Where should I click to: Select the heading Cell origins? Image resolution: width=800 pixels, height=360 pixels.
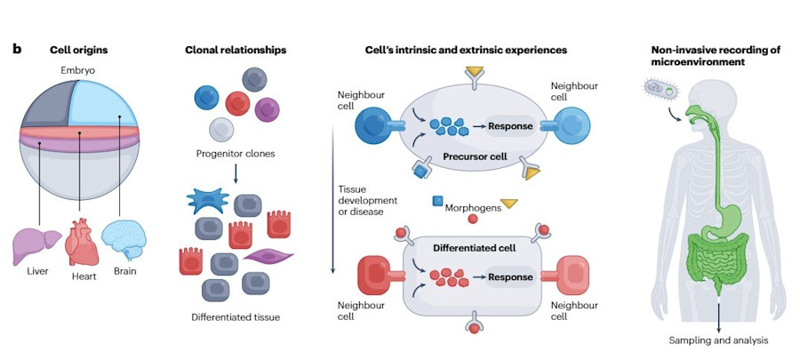[80, 50]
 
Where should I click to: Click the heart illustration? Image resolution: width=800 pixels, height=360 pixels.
[82, 243]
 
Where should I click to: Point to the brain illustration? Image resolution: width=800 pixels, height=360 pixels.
[124, 239]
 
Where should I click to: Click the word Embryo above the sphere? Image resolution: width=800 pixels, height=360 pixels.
[80, 70]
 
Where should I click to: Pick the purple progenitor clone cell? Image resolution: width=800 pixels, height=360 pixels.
[268, 109]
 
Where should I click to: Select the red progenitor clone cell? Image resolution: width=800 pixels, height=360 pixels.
[237, 102]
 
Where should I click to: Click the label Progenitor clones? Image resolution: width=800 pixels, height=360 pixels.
[234, 153]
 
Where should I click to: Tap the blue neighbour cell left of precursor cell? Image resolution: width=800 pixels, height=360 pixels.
[372, 126]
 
